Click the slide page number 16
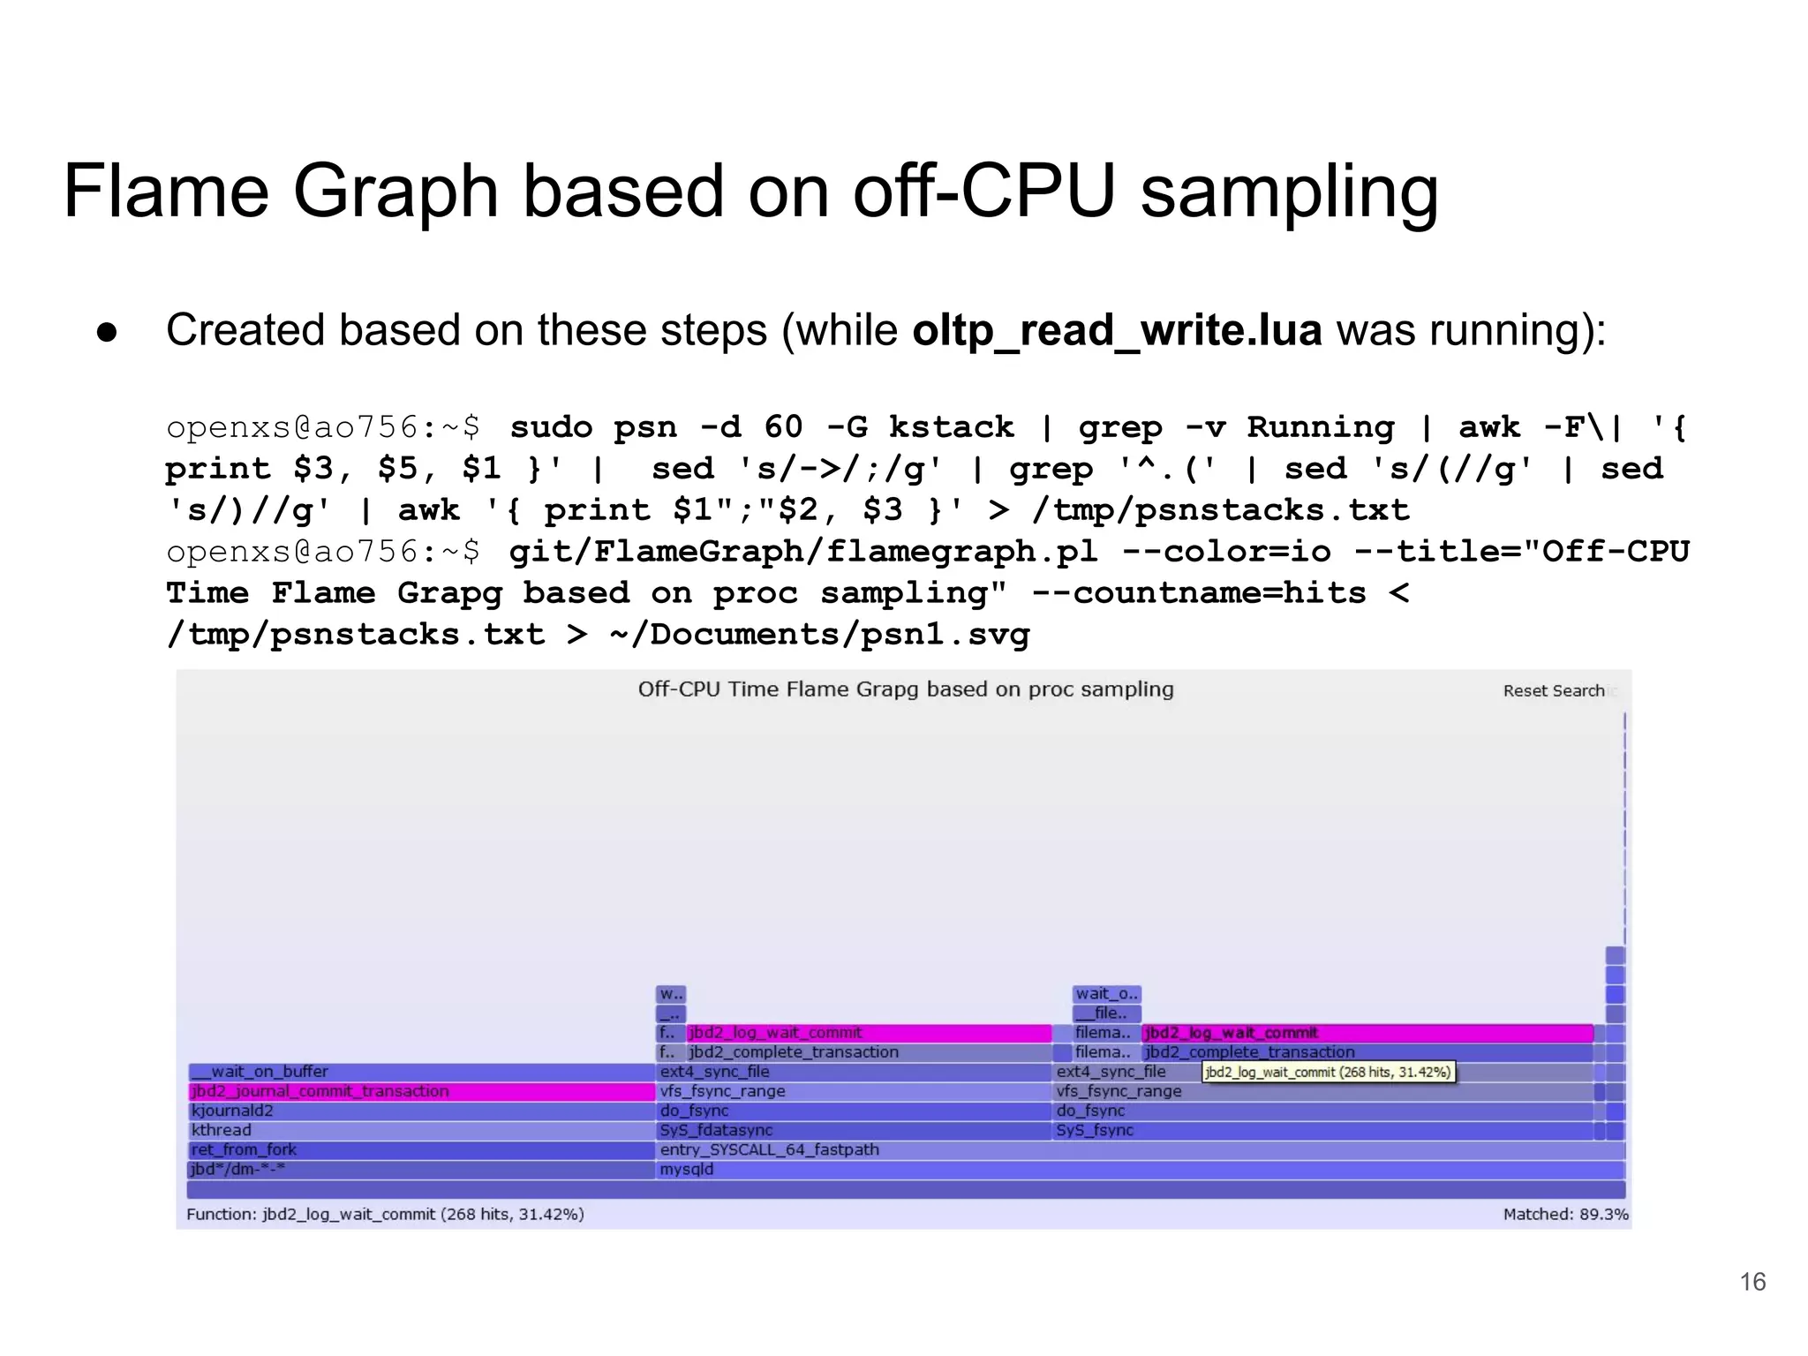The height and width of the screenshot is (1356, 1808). tap(1751, 1281)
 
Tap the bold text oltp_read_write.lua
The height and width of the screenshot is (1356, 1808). tap(1117, 330)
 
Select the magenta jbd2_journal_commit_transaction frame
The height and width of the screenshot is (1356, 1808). tap(421, 1091)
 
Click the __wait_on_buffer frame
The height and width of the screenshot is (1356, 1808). tap(421, 1072)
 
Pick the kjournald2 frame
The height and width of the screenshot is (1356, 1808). tap(421, 1111)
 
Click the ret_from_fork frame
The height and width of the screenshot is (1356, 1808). tap(421, 1149)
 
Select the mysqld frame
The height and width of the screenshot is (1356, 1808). tap(1139, 1170)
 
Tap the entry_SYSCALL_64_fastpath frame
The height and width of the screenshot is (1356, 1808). tap(1139, 1149)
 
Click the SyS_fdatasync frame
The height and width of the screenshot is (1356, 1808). tap(853, 1130)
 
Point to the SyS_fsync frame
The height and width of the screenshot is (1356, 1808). tap(1324, 1130)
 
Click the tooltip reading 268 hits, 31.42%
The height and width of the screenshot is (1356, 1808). tap(1328, 1072)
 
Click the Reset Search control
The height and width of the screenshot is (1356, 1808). tap(1553, 690)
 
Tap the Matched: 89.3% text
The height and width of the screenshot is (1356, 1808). tap(1564, 1214)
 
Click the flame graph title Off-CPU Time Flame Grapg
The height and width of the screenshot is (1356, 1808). tap(905, 689)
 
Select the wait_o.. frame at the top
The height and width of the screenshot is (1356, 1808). tap(1106, 994)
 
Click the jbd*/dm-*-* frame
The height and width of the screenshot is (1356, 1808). tap(421, 1170)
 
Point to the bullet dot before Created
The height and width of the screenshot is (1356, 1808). tap(107, 333)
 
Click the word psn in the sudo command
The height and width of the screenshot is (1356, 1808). tap(644, 427)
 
